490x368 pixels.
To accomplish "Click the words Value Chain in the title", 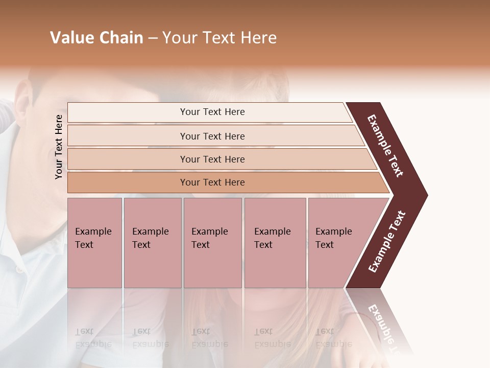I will coord(96,38).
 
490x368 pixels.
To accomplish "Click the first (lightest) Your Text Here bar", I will coord(212,112).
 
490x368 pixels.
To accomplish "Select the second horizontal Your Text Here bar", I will coord(212,136).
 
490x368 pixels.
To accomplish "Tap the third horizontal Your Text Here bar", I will coord(212,159).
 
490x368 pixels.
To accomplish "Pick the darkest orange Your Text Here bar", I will coord(212,182).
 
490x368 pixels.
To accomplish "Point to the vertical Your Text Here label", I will coord(59,147).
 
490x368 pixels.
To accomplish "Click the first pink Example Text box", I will coord(94,242).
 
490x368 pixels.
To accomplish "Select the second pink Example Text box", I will coord(152,242).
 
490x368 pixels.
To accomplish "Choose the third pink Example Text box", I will coord(212,242).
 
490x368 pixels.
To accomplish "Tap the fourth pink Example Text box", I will coord(275,242).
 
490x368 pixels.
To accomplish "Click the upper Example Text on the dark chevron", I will coord(385,146).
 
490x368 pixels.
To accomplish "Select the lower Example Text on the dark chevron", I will coord(387,242).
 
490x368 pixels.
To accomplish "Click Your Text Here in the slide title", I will coord(219,38).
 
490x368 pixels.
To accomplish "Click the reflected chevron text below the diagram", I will coord(383,327).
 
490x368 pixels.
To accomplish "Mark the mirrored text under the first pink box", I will coord(93,338).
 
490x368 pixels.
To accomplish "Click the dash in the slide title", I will coord(153,38).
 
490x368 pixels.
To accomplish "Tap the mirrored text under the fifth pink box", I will coord(334,338).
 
